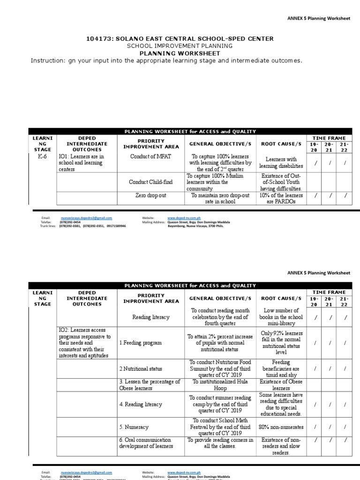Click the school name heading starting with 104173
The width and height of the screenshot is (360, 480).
coord(180,38)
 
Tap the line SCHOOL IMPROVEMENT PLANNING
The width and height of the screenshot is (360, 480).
coord(180,46)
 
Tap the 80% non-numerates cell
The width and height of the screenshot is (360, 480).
coord(281,427)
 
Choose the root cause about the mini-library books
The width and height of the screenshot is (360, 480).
coord(281,317)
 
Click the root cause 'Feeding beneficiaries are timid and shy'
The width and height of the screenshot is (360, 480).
coord(281,369)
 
